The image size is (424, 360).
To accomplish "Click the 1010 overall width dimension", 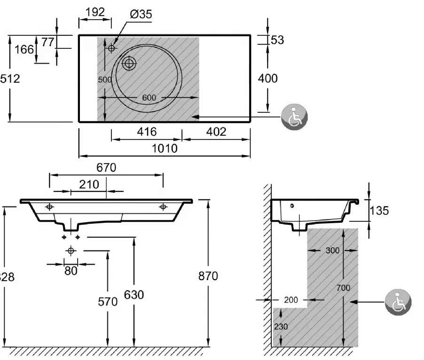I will tap(165, 149).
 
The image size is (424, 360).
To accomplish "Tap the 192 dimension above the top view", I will tap(95, 12).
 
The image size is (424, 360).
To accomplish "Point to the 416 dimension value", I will tap(147, 132).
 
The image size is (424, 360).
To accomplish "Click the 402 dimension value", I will tap(216, 132).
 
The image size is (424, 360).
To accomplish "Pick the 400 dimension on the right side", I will tap(268, 78).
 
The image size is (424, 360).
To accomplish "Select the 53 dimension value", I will tap(277, 40).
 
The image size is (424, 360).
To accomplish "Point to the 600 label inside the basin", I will tap(149, 97).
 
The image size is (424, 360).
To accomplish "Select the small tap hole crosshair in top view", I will tap(112, 48).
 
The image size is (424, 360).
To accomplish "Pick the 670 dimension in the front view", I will tap(106, 167).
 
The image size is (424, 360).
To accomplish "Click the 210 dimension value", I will tap(89, 184).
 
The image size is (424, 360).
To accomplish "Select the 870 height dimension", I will tap(208, 276).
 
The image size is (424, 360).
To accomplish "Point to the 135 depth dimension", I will tap(379, 211).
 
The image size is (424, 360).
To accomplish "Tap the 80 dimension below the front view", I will tap(71, 271).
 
